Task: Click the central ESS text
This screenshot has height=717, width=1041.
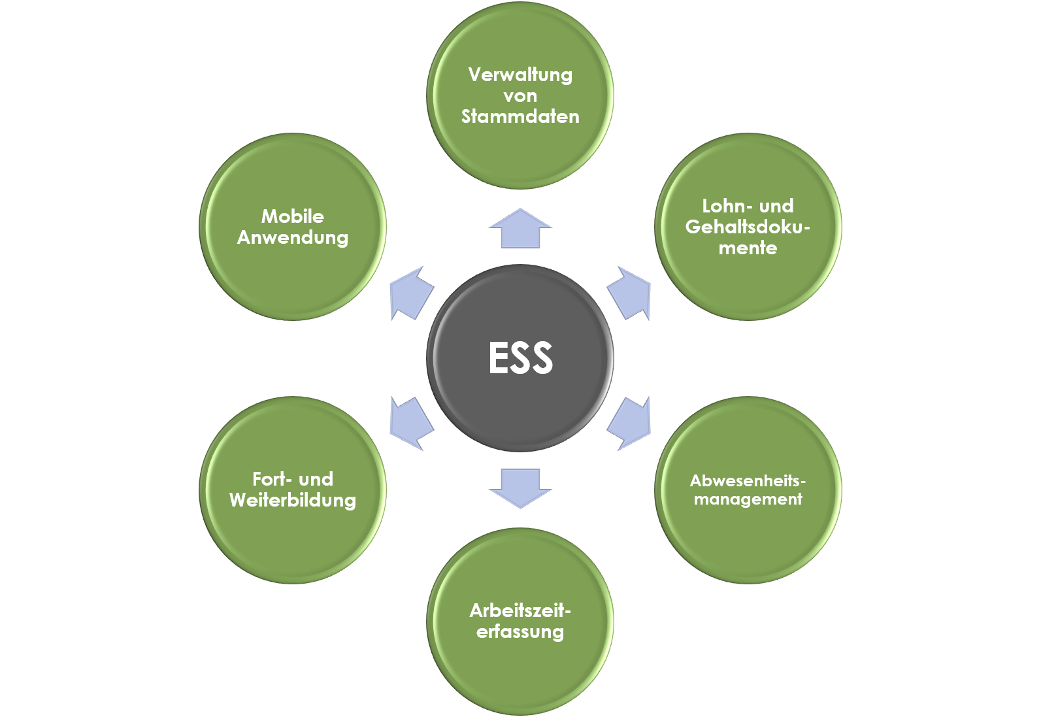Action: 520,358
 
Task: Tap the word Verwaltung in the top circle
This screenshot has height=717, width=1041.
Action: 520,75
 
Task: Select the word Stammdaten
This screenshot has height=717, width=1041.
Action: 520,116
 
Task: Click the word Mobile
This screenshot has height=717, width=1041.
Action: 293,216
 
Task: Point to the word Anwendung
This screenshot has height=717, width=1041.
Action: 293,237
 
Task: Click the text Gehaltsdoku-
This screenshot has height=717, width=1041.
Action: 748,227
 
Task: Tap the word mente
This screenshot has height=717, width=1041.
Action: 748,248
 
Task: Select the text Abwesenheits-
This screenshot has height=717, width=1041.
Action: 748,481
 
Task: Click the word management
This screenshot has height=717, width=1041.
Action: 748,499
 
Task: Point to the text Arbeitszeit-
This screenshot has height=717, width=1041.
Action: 520,610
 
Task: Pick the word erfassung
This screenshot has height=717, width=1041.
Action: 520,632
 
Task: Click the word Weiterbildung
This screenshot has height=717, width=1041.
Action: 293,501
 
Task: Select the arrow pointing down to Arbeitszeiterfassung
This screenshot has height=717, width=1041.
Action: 520,488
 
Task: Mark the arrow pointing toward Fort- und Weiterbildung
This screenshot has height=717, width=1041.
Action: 410,424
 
